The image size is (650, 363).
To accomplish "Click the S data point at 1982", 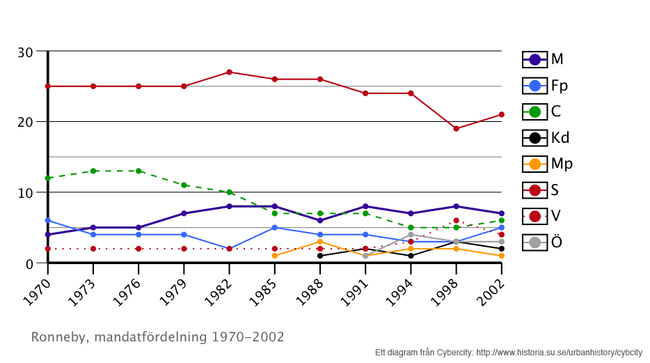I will click(229, 72).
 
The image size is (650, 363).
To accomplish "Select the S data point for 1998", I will click(456, 128).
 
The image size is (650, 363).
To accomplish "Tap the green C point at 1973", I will click(93, 171).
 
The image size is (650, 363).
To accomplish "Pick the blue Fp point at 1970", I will click(47, 220).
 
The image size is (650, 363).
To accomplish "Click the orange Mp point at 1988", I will click(320, 242).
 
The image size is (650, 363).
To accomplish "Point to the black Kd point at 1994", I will click(411, 256).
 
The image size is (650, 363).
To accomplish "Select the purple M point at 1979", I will click(184, 213).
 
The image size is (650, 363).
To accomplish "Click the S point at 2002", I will click(501, 114).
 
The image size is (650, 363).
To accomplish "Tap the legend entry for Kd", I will click(546, 137).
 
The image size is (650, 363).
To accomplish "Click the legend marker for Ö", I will click(535, 242).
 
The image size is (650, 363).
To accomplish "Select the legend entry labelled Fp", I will click(546, 86).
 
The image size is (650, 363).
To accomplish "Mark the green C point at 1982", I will click(229, 192).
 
